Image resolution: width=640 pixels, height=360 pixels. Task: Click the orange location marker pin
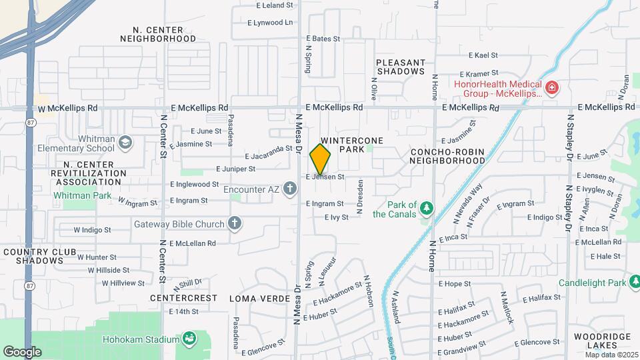pos(320,159)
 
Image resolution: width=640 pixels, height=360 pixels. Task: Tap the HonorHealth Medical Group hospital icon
pos(551,87)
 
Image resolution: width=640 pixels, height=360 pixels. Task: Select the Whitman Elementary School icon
pos(125,141)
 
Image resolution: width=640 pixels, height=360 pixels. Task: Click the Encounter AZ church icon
pos(289,189)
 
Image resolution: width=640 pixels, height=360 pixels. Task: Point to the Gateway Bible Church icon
pos(235,223)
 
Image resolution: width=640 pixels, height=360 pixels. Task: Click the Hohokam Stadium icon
pos(189,339)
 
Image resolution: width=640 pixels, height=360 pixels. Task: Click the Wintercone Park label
pos(345,145)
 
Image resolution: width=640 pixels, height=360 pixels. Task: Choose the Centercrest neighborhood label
pos(184,298)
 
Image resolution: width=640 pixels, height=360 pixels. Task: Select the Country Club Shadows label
pos(33,256)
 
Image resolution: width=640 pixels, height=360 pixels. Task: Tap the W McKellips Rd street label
pos(67,108)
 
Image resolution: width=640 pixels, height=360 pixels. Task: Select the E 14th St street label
pos(184,311)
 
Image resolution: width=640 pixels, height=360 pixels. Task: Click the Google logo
pos(22,351)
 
